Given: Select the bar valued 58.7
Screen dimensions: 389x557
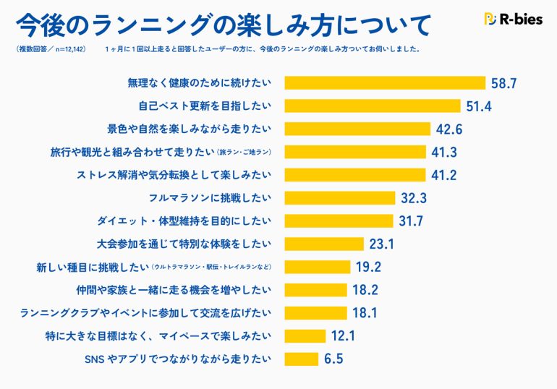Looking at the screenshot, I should pyautogui.click(x=385, y=82).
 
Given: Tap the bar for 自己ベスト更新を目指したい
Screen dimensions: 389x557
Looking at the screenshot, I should pyautogui.click(x=373, y=106).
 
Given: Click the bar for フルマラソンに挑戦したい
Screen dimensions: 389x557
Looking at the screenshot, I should pyautogui.click(x=340, y=198).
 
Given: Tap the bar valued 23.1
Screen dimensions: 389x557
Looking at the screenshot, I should pyautogui.click(x=324, y=244).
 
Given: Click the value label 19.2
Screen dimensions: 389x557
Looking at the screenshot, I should pyautogui.click(x=368, y=267).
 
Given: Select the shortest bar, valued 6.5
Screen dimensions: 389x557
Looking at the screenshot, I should pyautogui.click(x=301, y=359).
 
